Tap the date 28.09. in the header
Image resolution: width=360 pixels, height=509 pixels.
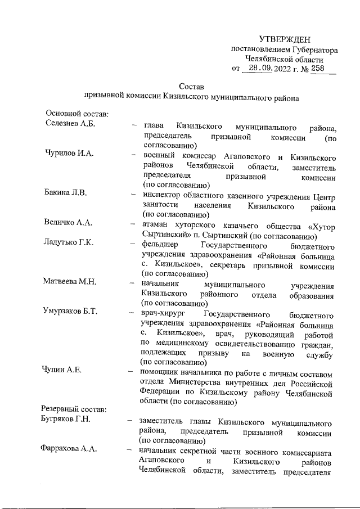261,68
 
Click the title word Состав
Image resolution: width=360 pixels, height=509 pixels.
191,87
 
